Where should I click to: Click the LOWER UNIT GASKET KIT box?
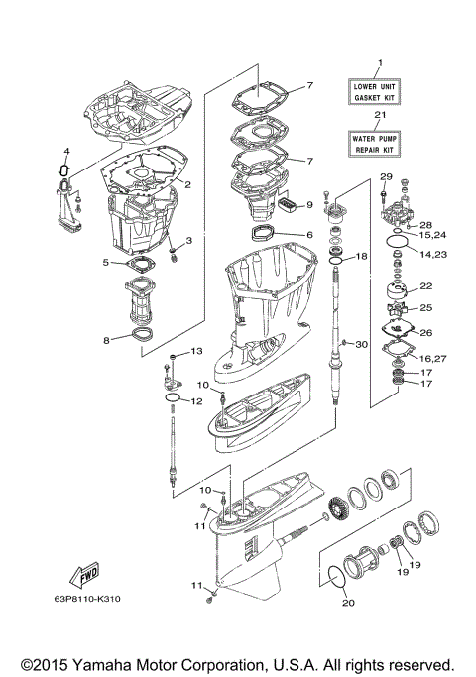(x=374, y=94)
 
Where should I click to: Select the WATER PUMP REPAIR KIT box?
(x=374, y=143)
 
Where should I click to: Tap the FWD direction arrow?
(x=79, y=576)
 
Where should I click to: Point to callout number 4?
(x=66, y=152)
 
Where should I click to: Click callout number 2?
(x=186, y=183)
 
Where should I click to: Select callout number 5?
(x=105, y=263)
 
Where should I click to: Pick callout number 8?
(x=106, y=340)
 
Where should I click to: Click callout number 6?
(x=309, y=235)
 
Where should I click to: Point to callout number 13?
(x=195, y=352)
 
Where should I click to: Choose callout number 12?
(x=196, y=401)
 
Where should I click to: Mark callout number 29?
(x=386, y=176)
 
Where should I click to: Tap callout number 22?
(x=425, y=285)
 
